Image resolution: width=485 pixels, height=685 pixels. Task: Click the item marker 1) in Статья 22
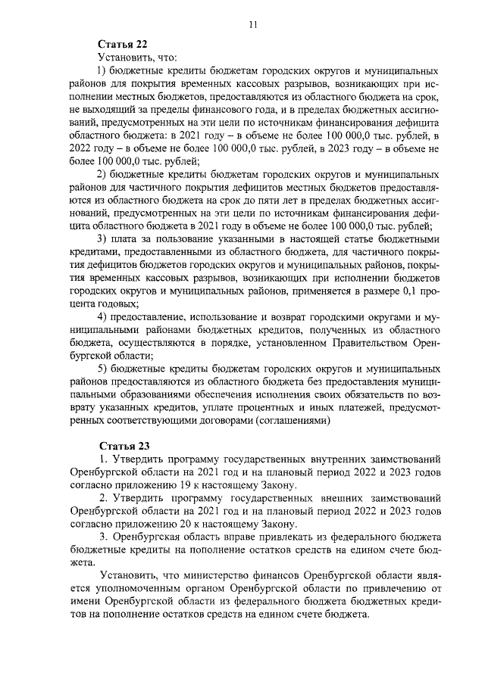coord(102,71)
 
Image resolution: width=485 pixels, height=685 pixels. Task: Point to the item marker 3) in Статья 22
coord(102,239)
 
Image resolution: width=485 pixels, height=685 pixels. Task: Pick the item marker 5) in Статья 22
coord(102,366)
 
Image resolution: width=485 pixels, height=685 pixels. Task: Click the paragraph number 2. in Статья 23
coord(104,499)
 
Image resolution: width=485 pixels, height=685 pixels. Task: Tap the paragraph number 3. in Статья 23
coord(104,537)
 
